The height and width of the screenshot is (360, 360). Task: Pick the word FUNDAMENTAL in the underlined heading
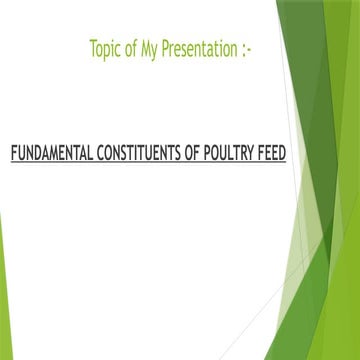pos(51,156)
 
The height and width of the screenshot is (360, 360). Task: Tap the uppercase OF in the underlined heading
pos(197,156)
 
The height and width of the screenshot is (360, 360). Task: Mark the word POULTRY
pos(234,156)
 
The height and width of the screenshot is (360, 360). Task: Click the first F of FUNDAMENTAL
pos(13,156)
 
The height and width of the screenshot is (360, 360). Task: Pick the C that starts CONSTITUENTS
pos(100,156)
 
